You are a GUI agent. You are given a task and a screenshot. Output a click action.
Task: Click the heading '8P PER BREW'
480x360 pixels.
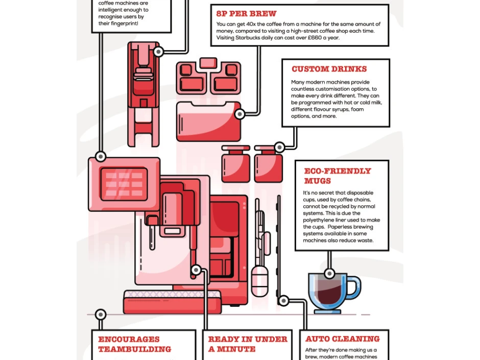tap(246, 14)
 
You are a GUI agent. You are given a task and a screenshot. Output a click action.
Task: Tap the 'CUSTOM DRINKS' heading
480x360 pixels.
tap(329, 69)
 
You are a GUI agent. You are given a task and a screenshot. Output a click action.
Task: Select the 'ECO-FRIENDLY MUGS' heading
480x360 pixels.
tap(337, 176)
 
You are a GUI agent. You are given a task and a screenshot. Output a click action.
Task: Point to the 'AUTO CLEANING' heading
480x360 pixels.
tap(343, 339)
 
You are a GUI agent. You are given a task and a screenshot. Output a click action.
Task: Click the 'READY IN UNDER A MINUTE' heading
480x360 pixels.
tap(248, 344)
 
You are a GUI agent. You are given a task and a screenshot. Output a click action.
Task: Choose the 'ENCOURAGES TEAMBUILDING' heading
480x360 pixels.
tap(134, 344)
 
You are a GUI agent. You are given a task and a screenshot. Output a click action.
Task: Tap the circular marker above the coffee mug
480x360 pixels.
tap(329, 274)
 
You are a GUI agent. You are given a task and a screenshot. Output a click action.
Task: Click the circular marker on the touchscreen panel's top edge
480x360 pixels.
tap(101, 156)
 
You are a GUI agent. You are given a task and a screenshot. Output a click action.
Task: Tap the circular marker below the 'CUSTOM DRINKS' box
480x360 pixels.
tap(279, 148)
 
